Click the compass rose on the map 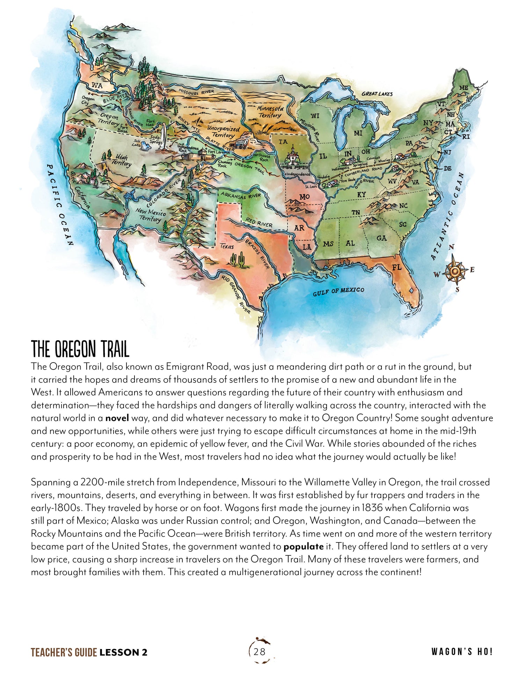pyautogui.click(x=454, y=271)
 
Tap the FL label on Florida pyautogui.click(x=396, y=268)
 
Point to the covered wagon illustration pyautogui.click(x=241, y=142)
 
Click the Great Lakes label pyautogui.click(x=377, y=94)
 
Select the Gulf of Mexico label pyautogui.click(x=338, y=291)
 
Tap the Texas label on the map pyautogui.click(x=227, y=246)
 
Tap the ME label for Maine pyautogui.click(x=463, y=88)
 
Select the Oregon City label pyautogui.click(x=88, y=101)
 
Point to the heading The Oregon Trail pyautogui.click(x=80, y=348)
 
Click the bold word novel pyautogui.click(x=117, y=418)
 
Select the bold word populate pyautogui.click(x=303, y=546)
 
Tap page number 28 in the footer pyautogui.click(x=260, y=651)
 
